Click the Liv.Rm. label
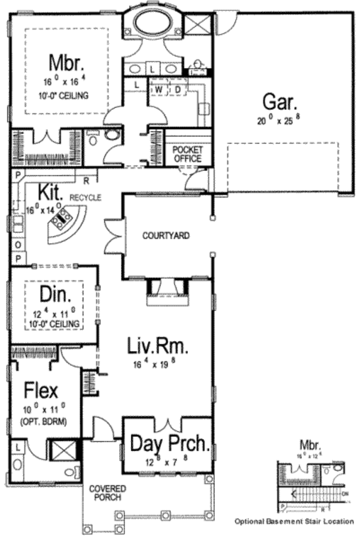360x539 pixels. [158, 347]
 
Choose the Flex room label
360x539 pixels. [42, 391]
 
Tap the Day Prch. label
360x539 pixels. [169, 445]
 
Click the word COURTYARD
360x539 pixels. [166, 236]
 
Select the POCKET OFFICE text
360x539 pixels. [187, 154]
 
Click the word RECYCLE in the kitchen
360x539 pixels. [85, 197]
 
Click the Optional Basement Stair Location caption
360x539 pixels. [293, 521]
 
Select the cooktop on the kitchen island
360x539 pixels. [61, 221]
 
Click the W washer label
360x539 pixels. [160, 89]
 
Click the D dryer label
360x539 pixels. [178, 89]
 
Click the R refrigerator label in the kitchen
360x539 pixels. [86, 179]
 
